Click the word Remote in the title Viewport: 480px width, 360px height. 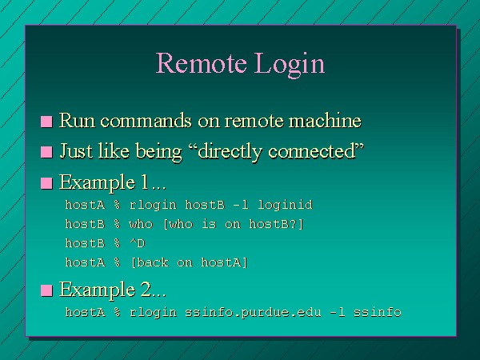202,63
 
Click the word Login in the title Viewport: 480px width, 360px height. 290,66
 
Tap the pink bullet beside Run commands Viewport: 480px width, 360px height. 46,122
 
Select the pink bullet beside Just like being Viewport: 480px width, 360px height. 46,152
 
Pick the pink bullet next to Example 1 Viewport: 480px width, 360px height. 46,183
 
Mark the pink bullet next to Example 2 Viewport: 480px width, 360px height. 46,290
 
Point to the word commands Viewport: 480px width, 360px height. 146,121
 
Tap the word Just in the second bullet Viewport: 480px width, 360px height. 76,151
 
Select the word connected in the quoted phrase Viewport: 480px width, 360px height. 312,151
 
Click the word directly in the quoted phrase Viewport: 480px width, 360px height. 230,152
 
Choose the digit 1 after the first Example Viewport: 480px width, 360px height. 144,182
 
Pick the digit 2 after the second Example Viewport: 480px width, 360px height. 146,290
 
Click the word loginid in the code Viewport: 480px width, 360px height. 285,205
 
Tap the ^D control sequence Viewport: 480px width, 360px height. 137,243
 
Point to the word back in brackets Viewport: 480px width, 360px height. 150,262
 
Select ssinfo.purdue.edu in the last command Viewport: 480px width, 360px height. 253,313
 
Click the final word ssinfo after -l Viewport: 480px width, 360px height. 377,312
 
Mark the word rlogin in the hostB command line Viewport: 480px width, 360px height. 153,205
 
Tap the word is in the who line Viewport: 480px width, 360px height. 209,224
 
